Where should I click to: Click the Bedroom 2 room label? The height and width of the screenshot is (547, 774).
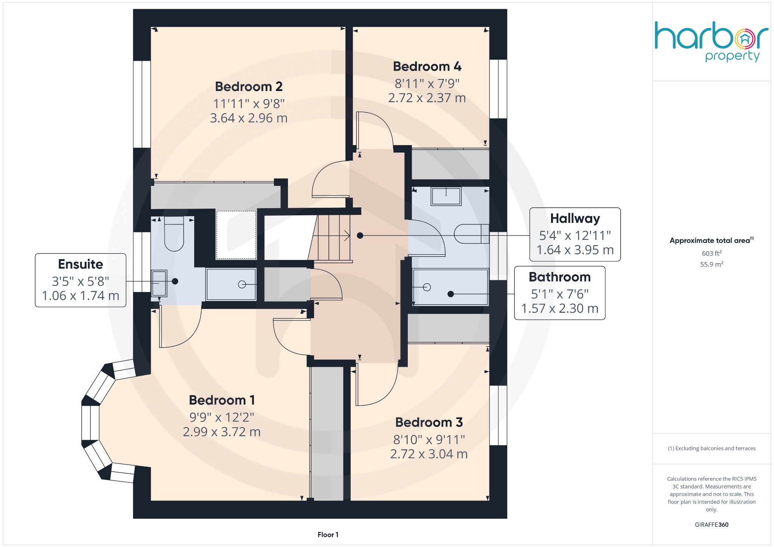coord(249,87)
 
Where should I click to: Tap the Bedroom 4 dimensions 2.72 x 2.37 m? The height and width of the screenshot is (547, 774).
coord(427,98)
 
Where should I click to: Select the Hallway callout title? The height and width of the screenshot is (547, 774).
coord(575,219)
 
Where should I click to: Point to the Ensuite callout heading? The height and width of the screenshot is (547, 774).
coord(80,264)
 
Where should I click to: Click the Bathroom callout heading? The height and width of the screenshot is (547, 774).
coord(559,277)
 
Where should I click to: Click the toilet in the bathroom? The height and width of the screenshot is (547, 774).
coord(471,234)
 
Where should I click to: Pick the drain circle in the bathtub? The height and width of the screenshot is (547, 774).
coord(427,287)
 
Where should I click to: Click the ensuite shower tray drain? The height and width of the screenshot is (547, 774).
coord(242,284)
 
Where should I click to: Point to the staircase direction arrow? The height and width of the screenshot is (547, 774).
coord(346,236)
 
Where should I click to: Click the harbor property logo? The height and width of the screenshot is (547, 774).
coord(711,41)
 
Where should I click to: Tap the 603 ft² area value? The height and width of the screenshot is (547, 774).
coord(711,253)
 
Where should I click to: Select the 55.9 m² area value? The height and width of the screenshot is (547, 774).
coord(711,264)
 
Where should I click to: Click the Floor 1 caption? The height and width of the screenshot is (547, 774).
coord(328,535)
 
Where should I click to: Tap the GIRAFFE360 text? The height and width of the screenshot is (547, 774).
coord(711,525)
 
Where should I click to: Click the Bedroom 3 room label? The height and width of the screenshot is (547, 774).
coord(429,422)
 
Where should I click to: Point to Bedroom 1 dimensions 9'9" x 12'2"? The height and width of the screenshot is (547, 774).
coord(221,417)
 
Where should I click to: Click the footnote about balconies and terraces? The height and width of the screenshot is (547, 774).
coord(711,448)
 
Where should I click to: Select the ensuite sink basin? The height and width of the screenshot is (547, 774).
coord(159,283)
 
